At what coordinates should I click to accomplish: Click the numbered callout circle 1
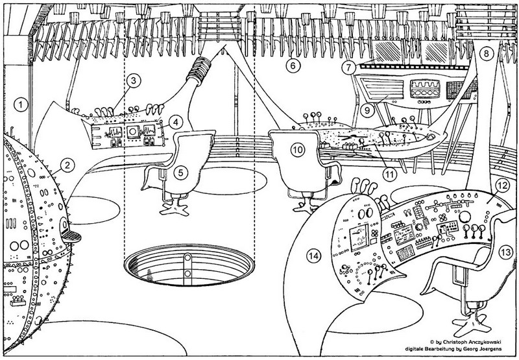point(22,104)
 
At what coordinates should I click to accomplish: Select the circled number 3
point(132,82)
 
